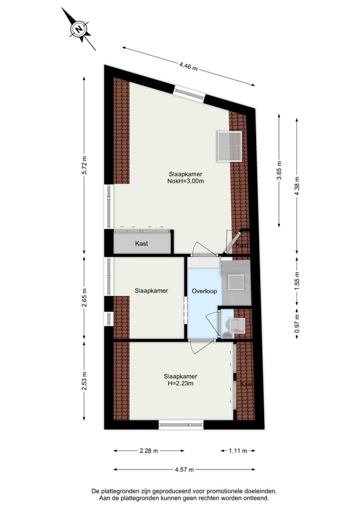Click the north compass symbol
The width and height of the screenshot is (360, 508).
[79, 29]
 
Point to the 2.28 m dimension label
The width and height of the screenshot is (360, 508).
[149, 451]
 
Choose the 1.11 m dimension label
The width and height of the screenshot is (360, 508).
[238, 451]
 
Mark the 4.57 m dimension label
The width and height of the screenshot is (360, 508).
[184, 469]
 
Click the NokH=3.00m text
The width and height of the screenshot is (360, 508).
[185, 181]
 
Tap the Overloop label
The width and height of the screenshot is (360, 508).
[204, 291]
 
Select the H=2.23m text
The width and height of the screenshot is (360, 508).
[180, 384]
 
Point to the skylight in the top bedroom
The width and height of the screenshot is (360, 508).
[229, 146]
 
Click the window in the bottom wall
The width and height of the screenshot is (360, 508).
[181, 425]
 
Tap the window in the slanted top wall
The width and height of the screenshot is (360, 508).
[189, 94]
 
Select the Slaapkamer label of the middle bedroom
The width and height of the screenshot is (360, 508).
[151, 291]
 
